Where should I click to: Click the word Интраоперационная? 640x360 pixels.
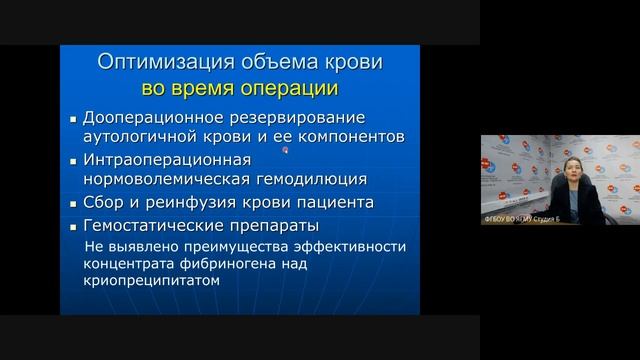160,160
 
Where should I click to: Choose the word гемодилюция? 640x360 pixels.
313,179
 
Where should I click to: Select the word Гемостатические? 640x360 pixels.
155,225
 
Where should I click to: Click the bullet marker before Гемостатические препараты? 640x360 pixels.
72,226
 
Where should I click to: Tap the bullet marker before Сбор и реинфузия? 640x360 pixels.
72,203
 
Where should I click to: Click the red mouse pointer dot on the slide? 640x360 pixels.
285,151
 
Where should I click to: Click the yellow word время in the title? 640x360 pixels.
205,88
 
